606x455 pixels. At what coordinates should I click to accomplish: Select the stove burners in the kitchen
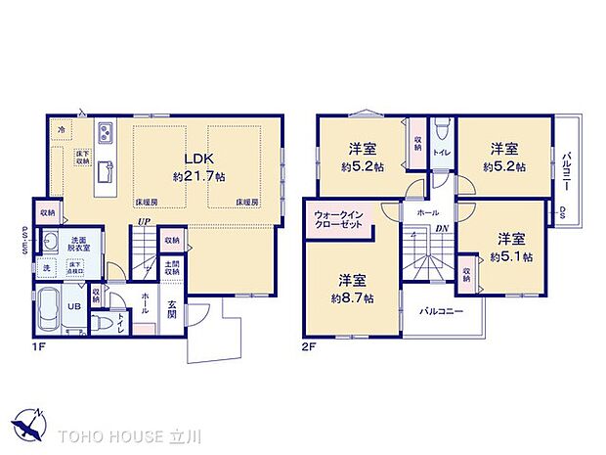tap(107, 134)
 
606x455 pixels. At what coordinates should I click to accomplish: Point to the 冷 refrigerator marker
tap(62, 129)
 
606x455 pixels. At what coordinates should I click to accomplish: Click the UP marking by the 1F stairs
tap(143, 222)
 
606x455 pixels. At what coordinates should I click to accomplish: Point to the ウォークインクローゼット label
tap(338, 220)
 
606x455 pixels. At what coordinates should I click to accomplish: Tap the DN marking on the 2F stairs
tap(442, 228)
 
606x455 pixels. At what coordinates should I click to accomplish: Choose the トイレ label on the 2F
tap(441, 153)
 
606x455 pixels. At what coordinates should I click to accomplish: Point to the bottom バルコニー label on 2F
tap(441, 312)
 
